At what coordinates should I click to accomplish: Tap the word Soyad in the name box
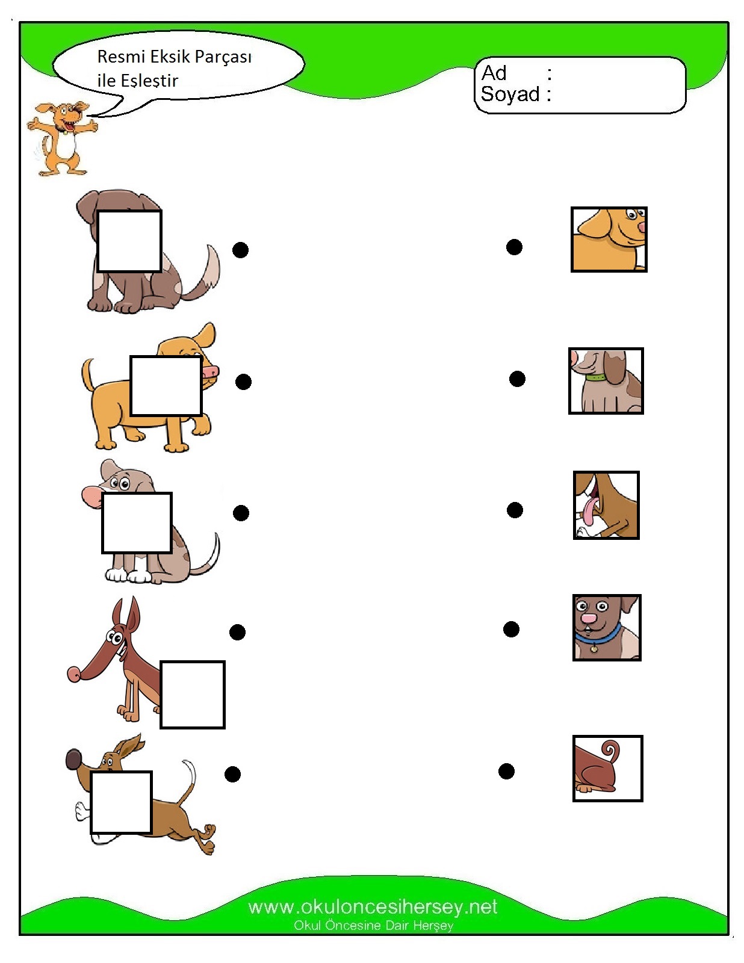510,94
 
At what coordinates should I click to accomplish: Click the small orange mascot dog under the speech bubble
61,138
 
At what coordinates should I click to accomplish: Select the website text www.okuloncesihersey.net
373,906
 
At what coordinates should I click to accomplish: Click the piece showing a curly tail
607,769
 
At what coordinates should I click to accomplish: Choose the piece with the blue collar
606,628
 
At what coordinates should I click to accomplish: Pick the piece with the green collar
606,381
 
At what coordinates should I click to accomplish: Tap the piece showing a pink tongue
606,505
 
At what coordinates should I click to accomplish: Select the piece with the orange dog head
609,240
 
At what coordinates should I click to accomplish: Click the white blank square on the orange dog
166,386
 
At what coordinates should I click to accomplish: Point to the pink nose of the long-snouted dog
73,673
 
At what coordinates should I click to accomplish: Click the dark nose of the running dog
73,759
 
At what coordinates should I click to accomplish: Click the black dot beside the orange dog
243,382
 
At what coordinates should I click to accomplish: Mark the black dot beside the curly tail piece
506,771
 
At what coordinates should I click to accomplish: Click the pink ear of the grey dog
91,496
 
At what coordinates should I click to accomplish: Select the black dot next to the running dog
232,774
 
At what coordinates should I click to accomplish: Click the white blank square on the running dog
121,802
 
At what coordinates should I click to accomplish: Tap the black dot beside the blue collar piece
511,629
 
